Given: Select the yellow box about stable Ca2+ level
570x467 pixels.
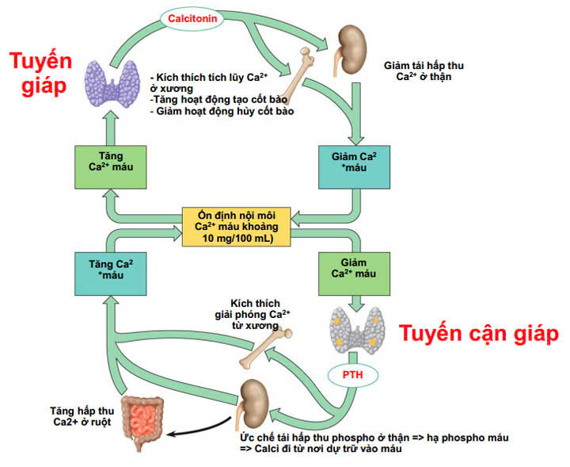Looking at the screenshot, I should [235, 225].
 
